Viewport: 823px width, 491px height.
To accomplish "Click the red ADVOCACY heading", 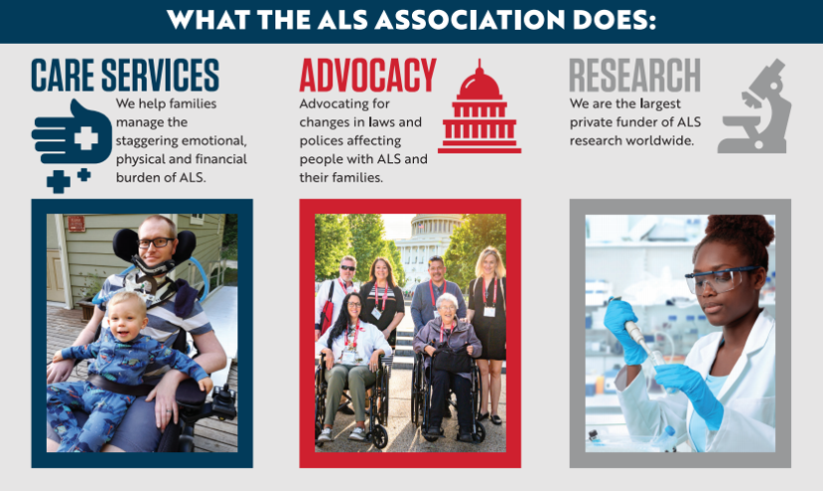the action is point(368,76).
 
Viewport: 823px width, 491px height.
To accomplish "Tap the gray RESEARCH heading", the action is point(635,76).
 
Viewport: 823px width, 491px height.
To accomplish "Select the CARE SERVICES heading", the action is point(125,76).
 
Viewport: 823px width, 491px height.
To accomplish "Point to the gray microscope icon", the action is point(755,106).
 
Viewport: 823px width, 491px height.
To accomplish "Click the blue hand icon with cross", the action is point(71,144).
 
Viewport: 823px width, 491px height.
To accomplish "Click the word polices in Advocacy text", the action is point(319,141).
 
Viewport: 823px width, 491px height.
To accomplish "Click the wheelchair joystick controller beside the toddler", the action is point(223,404).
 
